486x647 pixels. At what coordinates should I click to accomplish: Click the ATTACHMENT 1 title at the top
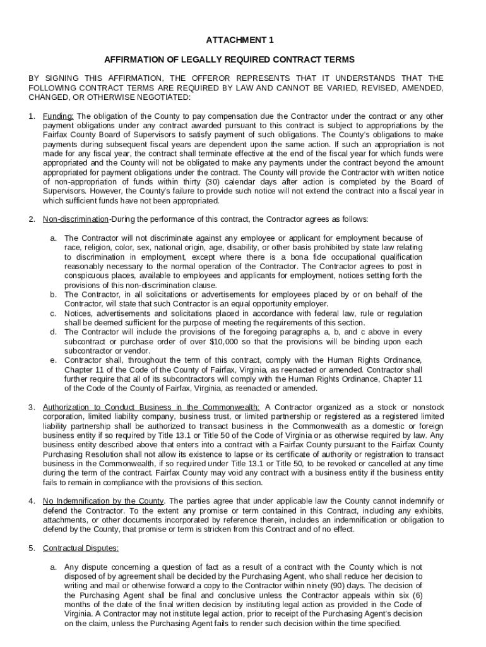pos(240,40)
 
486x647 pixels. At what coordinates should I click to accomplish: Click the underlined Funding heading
pos(58,116)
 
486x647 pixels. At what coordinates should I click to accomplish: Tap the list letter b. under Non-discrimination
pos(54,294)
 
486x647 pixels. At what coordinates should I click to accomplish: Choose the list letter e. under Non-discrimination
pos(54,360)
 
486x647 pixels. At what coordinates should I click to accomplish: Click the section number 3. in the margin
pos(32,407)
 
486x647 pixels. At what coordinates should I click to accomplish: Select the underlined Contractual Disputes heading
pos(80,548)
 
